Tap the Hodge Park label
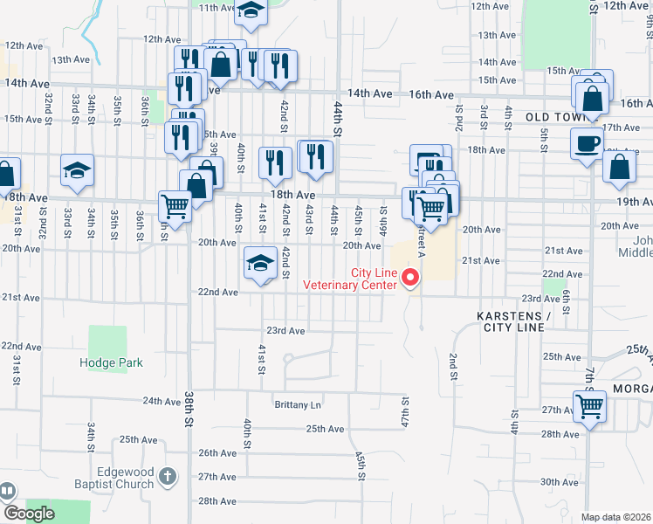pyautogui.click(x=111, y=362)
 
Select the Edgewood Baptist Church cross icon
pyautogui.click(x=168, y=477)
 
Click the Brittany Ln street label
pyautogui.click(x=298, y=405)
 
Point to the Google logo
pyautogui.click(x=29, y=514)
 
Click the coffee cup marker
pyautogui.click(x=586, y=143)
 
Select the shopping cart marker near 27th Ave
pyautogui.click(x=589, y=406)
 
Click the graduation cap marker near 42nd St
pyautogui.click(x=260, y=265)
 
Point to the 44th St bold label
pyautogui.click(x=336, y=119)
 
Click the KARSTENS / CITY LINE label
pyautogui.click(x=515, y=321)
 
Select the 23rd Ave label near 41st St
pyautogui.click(x=285, y=331)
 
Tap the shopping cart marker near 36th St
pyautogui.click(x=175, y=208)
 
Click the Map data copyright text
pyautogui.click(x=615, y=517)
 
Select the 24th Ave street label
pyautogui.click(x=162, y=401)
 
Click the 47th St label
pyautogui.click(x=405, y=410)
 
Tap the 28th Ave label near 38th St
pyautogui.click(x=217, y=501)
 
